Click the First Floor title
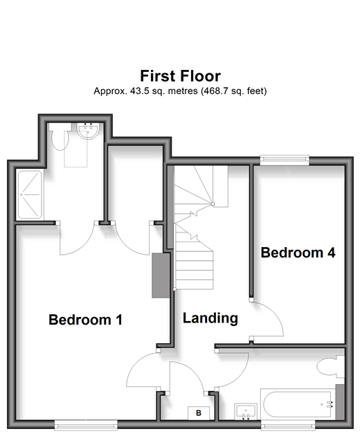tap(180, 76)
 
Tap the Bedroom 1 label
tap(86, 320)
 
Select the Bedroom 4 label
tap(298, 253)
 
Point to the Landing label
tap(210, 318)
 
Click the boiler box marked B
tap(199, 413)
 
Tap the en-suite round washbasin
tap(88, 131)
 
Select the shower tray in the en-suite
tap(30, 194)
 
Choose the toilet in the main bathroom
tap(330, 367)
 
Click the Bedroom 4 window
tap(285, 160)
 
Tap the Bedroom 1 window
tap(86, 424)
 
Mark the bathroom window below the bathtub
tap(289, 424)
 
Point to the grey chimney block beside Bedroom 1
tap(161, 275)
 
